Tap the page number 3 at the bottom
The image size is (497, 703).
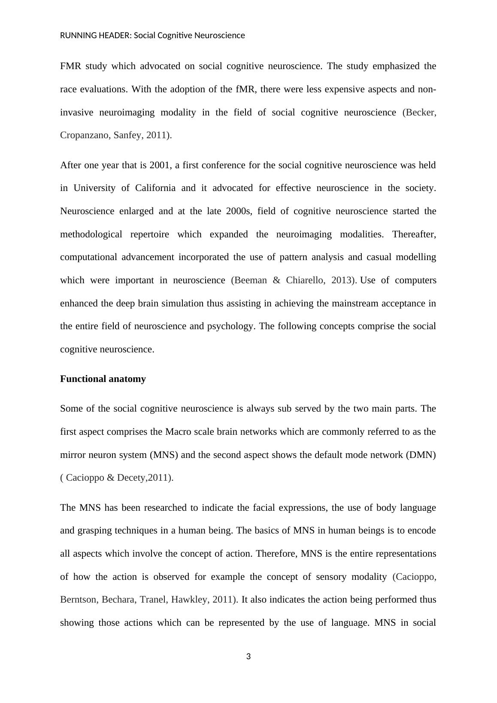coord(248,656)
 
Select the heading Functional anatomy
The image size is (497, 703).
coord(103,379)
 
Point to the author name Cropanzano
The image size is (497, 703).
coord(84,135)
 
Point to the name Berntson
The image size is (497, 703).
coord(78,600)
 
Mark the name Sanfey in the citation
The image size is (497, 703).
coord(127,135)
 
